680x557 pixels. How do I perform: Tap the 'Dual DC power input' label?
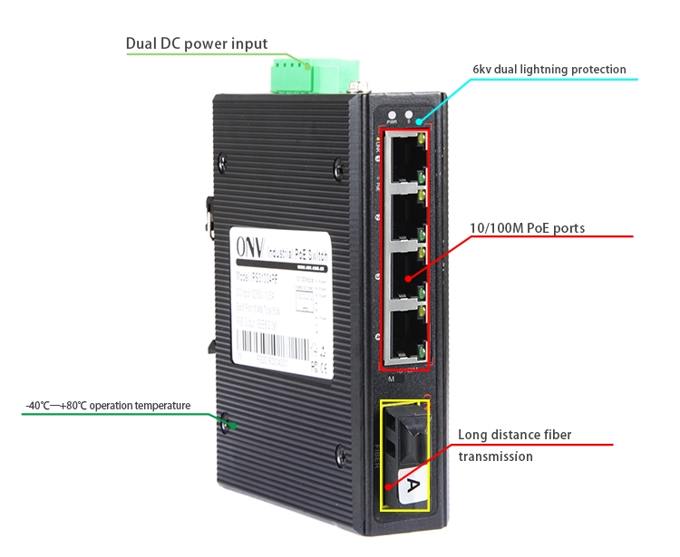(x=197, y=43)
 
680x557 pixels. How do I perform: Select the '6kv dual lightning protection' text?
(x=549, y=69)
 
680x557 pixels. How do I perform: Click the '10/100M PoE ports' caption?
(x=527, y=228)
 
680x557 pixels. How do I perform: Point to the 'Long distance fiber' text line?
(x=514, y=435)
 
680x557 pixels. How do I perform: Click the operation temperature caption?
(x=109, y=406)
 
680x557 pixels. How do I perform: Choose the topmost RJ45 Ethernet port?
(x=404, y=161)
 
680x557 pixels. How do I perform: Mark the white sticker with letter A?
(x=410, y=488)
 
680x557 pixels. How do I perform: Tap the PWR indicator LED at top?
(x=393, y=116)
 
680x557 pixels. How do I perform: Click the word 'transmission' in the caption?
(x=495, y=456)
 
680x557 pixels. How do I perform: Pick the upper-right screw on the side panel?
(x=338, y=166)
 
